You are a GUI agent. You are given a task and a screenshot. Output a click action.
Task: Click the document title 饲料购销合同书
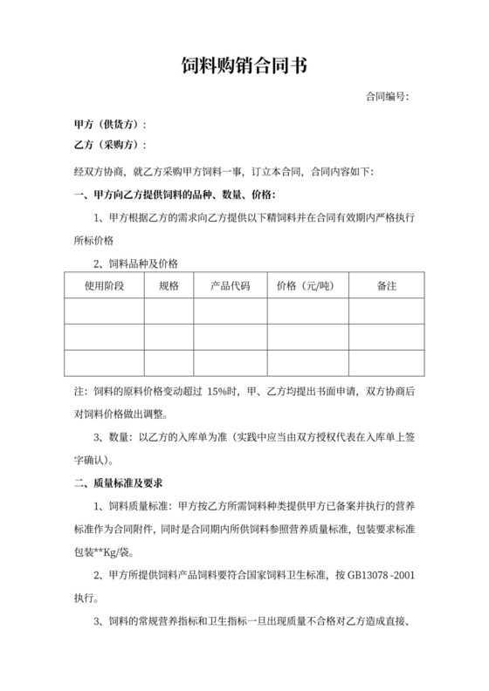point(244,65)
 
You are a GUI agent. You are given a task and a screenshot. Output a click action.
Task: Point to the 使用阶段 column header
point(103,285)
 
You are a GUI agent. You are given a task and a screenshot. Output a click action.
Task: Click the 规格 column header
point(169,285)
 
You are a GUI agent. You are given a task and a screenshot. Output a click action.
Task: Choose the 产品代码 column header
point(231,285)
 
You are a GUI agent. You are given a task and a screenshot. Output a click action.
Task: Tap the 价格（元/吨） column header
point(307,285)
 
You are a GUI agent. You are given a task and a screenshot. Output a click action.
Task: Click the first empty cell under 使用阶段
point(103,311)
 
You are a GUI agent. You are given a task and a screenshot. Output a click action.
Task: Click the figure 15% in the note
point(220,393)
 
